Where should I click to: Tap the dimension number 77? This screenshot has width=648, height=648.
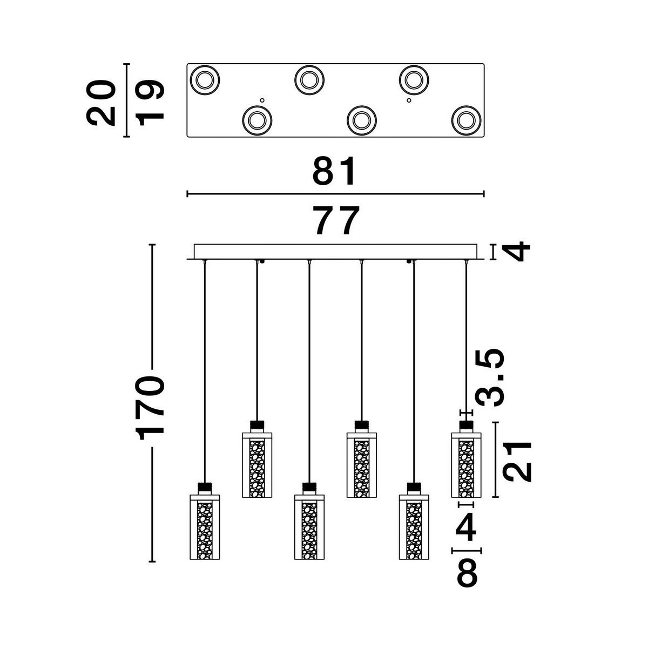pos(336,220)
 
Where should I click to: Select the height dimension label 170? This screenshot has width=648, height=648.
pos(150,408)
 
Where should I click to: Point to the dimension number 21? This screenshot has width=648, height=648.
pos(517,462)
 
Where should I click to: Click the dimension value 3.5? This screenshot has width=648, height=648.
pos(490,377)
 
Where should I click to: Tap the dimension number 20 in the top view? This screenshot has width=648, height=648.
pos(101,103)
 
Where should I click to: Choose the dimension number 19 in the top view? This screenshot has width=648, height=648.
pos(149,103)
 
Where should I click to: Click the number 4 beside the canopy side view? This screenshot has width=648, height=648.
pos(516,252)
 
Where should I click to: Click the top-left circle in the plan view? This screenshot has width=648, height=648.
pos(205,80)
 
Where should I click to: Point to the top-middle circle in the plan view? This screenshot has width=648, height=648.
pos(309,80)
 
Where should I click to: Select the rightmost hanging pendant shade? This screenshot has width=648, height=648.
pos(466,465)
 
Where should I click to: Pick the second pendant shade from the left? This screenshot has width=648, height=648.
pos(257,465)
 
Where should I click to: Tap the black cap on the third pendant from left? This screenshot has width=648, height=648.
pos(309,487)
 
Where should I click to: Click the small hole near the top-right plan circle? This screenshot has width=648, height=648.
pos(409,100)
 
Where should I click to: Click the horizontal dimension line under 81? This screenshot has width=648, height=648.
pos(335,194)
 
